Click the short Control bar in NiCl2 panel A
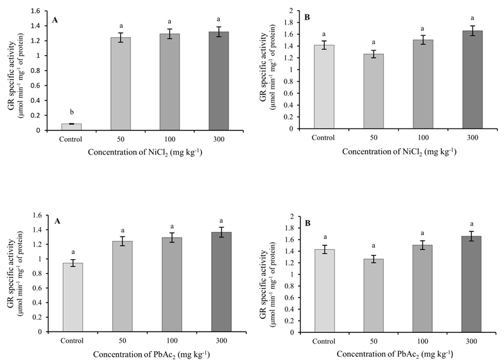[x=71, y=127]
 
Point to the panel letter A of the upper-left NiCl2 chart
[x=55, y=19]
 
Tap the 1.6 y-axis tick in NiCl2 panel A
[x=37, y=11]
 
